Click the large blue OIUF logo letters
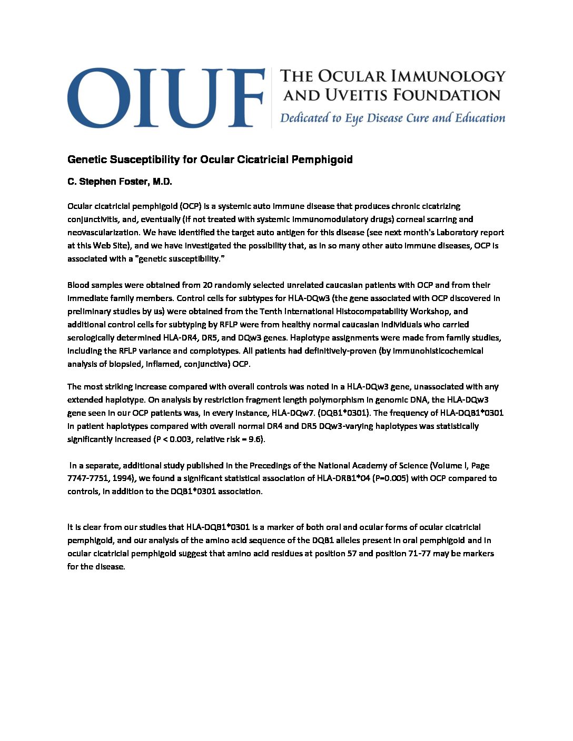165,98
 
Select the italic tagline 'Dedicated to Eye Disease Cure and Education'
392,118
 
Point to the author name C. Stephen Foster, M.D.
120,182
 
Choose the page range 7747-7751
87,478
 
